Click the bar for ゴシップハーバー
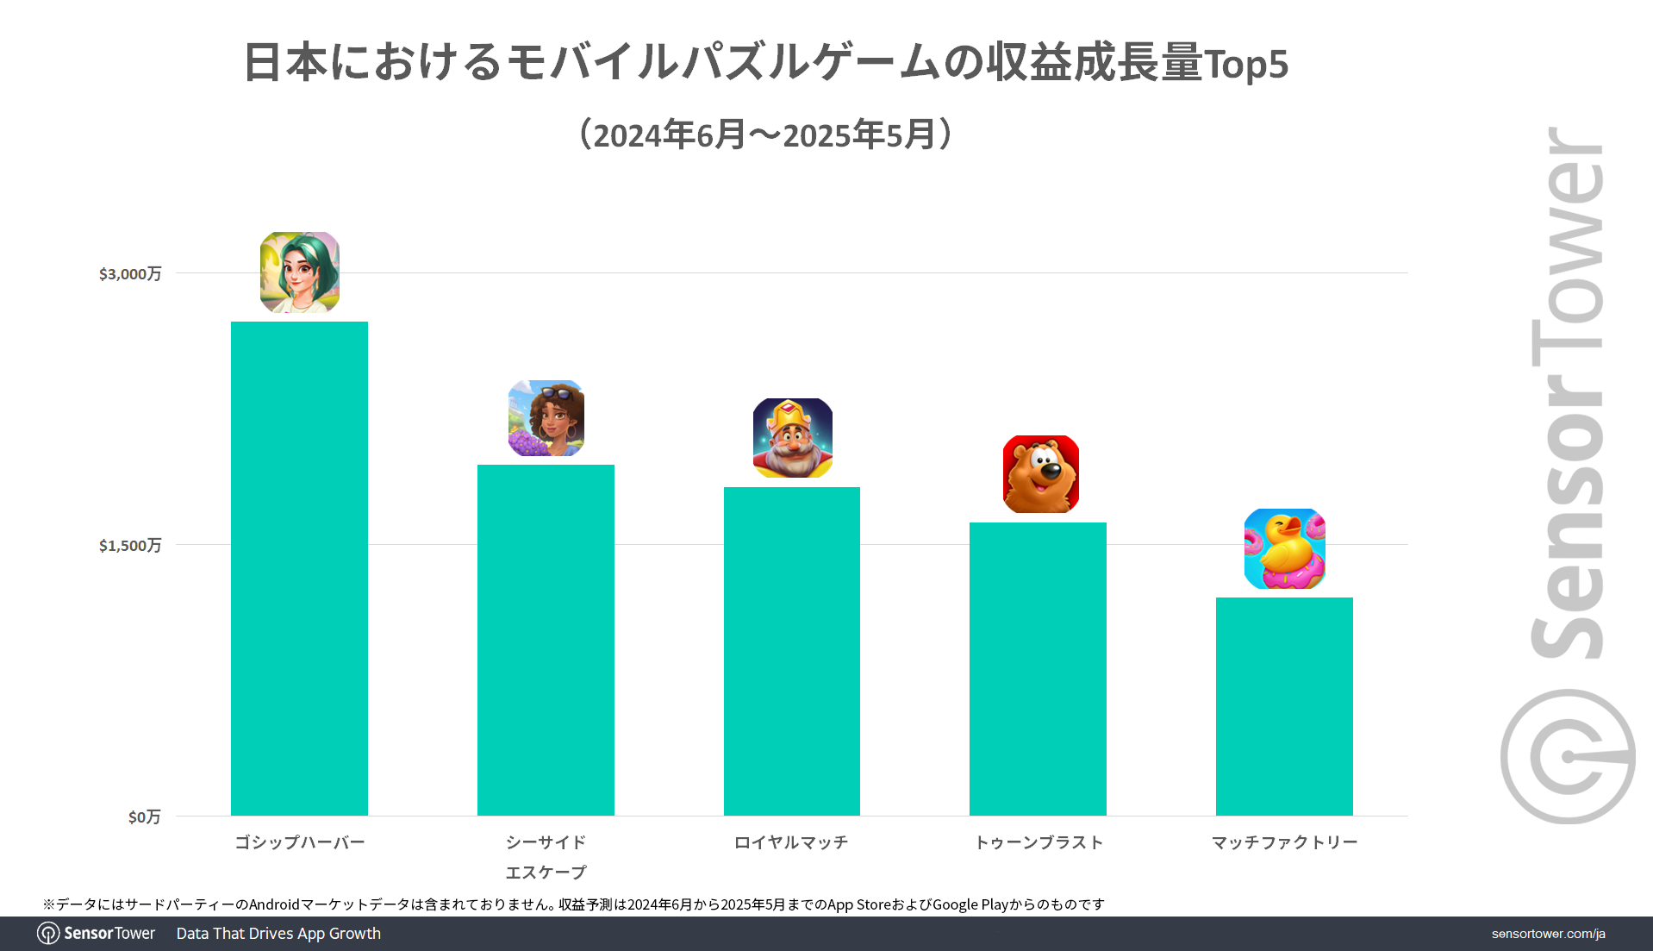299,568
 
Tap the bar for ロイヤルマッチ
791,651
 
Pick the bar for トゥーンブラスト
1038,668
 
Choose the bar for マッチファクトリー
1284,706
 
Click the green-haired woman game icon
300,272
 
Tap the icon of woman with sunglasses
546,418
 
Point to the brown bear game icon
1041,474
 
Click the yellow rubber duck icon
1285,549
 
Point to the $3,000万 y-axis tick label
130,274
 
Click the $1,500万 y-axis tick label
130,546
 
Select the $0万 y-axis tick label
144,817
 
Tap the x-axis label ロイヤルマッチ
791,842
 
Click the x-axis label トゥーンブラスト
1039,842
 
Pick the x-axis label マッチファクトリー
1284,842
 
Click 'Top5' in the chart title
1245,64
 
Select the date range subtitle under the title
765,135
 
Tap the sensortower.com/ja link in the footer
1548,934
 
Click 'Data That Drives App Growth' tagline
278,934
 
